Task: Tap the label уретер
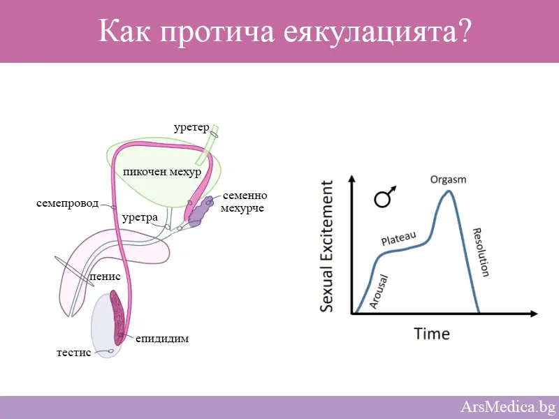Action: click(191, 126)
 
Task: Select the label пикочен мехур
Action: click(161, 172)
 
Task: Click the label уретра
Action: click(140, 218)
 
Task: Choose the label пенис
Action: click(106, 277)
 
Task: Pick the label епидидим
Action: click(162, 339)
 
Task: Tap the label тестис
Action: click(73, 353)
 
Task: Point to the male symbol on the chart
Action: click(384, 198)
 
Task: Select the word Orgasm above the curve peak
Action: click(448, 179)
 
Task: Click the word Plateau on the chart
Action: click(398, 238)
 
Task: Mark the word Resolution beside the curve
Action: click(481, 252)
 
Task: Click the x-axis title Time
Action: click(432, 333)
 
